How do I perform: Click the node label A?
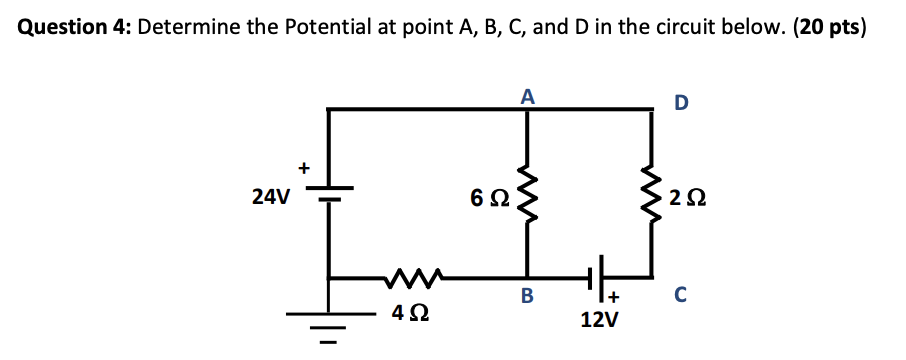[527, 97]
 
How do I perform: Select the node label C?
[680, 295]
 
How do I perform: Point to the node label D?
[681, 102]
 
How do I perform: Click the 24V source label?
[271, 198]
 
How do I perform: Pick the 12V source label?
[599, 320]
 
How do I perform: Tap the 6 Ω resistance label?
[487, 199]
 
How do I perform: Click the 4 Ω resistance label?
[405, 314]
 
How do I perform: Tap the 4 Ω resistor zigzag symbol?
[406, 275]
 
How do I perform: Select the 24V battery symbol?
[330, 195]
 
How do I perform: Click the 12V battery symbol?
[599, 274]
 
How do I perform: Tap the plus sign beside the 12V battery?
[615, 297]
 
